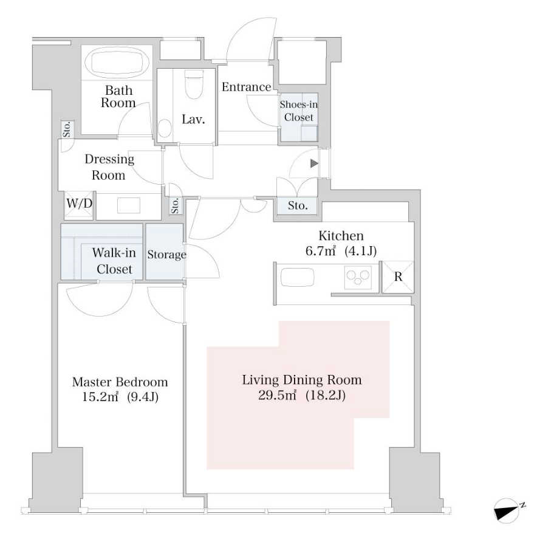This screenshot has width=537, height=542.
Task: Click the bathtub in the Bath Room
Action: [117, 63]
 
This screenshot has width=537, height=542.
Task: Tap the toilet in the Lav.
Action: [194, 84]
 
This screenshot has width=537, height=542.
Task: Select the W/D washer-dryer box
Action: [79, 205]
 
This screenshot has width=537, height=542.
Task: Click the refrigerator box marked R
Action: [398, 277]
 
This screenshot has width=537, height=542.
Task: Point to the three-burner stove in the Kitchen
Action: [358, 277]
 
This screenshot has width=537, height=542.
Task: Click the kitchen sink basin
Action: [297, 277]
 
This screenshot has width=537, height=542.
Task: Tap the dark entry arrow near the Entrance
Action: [314, 163]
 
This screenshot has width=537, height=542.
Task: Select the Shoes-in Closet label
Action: [298, 111]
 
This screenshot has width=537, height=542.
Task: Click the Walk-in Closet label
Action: [114, 261]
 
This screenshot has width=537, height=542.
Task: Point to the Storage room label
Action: [166, 255]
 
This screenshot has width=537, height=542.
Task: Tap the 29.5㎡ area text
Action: [277, 395]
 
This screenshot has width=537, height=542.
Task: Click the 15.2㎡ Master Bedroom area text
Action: [100, 397]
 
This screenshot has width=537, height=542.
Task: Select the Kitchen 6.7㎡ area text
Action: [320, 250]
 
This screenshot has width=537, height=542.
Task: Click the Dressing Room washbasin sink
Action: [129, 205]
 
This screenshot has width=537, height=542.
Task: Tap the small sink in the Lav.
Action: [165, 129]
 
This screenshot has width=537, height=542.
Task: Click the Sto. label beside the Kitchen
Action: [298, 205]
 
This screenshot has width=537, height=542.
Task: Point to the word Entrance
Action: [247, 87]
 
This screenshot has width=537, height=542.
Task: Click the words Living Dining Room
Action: [302, 380]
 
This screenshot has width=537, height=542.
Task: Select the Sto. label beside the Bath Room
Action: [67, 129]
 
